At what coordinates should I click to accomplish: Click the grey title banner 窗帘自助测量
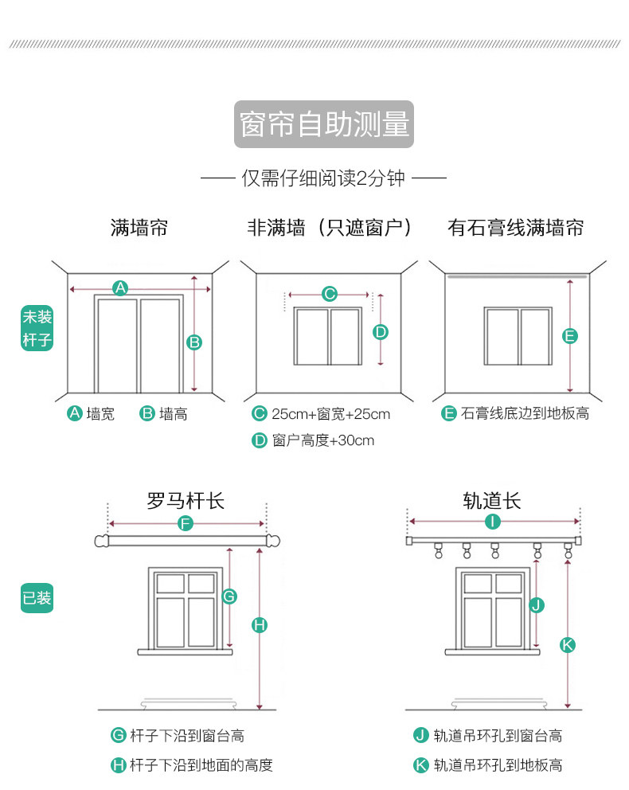click(324, 124)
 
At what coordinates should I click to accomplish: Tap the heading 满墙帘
click(139, 229)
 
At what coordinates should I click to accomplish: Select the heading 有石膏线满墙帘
click(516, 229)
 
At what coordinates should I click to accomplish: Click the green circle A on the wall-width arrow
click(120, 288)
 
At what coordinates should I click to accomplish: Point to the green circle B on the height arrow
click(194, 342)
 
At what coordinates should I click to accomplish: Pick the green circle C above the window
click(330, 294)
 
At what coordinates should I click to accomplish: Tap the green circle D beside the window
click(381, 331)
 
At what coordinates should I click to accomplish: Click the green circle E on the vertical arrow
click(570, 336)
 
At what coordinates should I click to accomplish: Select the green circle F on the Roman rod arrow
click(186, 523)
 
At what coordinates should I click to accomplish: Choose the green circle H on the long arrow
click(260, 625)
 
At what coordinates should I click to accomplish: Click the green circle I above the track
click(493, 522)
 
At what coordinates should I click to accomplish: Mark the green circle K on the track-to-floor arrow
click(567, 644)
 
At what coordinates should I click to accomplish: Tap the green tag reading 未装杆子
click(37, 329)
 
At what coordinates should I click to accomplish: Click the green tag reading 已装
click(37, 597)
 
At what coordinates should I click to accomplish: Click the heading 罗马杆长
click(186, 501)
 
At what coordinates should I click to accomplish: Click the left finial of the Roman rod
click(101, 542)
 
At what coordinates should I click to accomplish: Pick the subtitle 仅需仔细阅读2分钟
click(323, 178)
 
